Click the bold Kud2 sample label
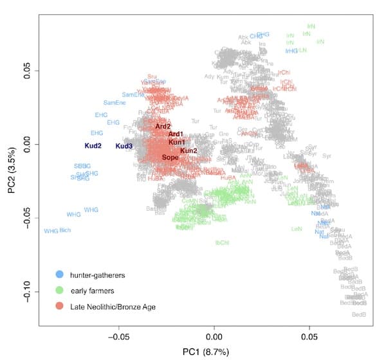click(93, 146)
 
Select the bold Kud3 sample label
click(124, 146)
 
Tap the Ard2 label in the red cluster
click(163, 127)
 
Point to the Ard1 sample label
click(176, 134)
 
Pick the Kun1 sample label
click(177, 141)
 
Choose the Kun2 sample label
click(188, 150)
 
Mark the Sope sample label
click(170, 157)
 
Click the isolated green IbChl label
click(223, 242)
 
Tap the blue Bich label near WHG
click(65, 230)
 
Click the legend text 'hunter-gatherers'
click(99, 275)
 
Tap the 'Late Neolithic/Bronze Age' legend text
click(115, 306)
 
